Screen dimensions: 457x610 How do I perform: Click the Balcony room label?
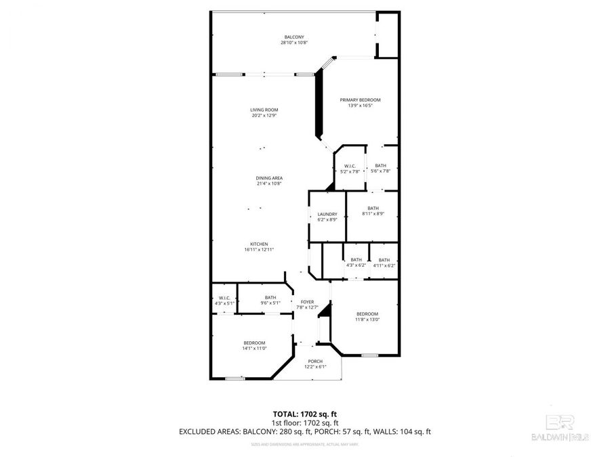pos(294,37)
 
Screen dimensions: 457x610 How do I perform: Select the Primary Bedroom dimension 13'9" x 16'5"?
pos(360,106)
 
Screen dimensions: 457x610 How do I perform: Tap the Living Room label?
pos(264,110)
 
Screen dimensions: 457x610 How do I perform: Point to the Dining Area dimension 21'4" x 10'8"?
pos(269,183)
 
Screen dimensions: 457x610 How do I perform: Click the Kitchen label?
pos(259,244)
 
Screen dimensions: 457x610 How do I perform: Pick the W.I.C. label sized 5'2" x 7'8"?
pos(350,166)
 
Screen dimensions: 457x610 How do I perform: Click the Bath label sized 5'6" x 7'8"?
pos(380,166)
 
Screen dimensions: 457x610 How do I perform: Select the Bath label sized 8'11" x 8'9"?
pos(373,209)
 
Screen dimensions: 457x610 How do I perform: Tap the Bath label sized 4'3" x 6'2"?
pos(356,260)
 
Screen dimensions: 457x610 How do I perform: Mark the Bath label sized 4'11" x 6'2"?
pos(384,260)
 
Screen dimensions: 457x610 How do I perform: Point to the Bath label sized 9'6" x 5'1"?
pos(270,297)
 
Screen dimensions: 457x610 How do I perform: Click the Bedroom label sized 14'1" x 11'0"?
pos(254,343)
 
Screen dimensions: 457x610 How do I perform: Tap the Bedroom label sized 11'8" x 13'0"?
pos(367,313)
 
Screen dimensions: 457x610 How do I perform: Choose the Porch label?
pos(315,361)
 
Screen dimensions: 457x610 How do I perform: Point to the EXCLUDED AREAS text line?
pos(304,431)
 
